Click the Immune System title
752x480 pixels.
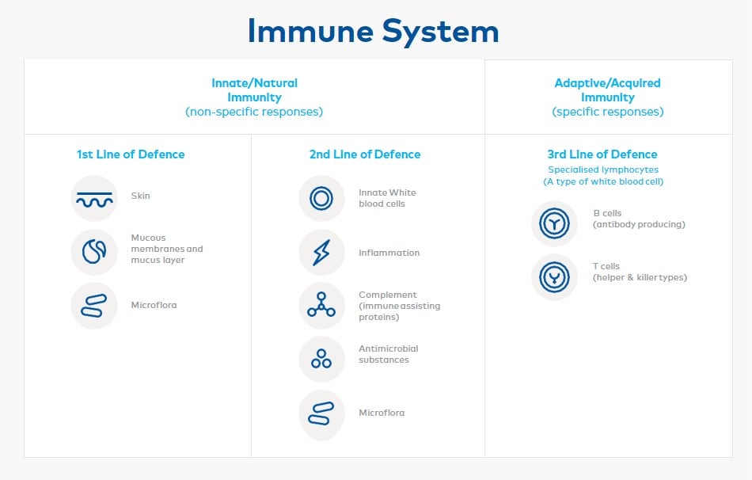tap(374, 32)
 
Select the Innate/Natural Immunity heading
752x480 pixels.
tap(254, 90)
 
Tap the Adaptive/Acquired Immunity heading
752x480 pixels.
tap(607, 90)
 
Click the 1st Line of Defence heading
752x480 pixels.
tap(131, 154)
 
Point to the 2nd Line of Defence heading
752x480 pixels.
tap(365, 154)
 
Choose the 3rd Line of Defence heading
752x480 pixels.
tap(602, 154)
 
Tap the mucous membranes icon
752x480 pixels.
tap(94, 252)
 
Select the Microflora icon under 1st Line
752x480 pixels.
tap(94, 306)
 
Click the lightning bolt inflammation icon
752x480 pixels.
tap(321, 253)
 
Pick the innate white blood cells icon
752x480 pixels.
tap(321, 199)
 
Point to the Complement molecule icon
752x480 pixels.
tap(321, 306)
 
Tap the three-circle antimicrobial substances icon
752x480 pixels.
tap(321, 359)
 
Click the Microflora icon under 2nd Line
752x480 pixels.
tap(321, 413)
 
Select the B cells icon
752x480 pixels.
tap(555, 223)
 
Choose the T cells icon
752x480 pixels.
tap(555, 277)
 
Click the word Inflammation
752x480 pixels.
tap(389, 253)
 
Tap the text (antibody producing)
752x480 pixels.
tap(639, 224)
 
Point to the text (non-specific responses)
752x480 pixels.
tap(254, 112)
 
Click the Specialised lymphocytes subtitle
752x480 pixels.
tap(602, 170)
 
